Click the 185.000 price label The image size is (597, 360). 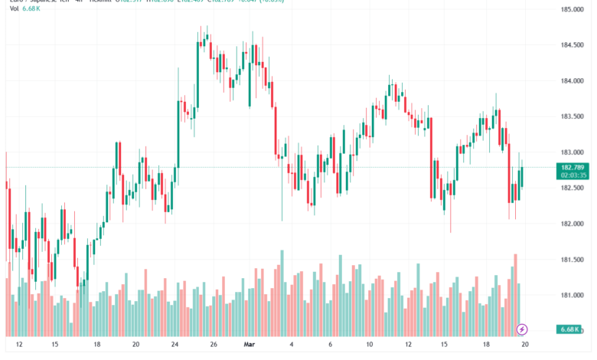pyautogui.click(x=573, y=9)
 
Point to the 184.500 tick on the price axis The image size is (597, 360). pyautogui.click(x=573, y=45)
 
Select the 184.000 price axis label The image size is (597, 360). pyautogui.click(x=573, y=81)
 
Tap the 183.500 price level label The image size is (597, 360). pyautogui.click(x=573, y=116)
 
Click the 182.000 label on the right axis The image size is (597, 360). pyautogui.click(x=573, y=224)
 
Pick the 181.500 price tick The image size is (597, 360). pyautogui.click(x=573, y=260)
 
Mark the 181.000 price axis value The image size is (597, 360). pyautogui.click(x=573, y=295)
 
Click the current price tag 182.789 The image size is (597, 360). pyautogui.click(x=573, y=167)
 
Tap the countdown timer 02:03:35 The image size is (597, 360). pyautogui.click(x=573, y=175)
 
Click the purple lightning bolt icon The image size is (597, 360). pyautogui.click(x=522, y=329)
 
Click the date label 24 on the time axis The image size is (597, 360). pyautogui.click(x=175, y=345)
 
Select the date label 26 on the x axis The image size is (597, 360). pyautogui.click(x=214, y=345)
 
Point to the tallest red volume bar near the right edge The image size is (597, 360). pyautogui.click(x=516, y=295)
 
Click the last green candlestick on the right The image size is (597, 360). pyautogui.click(x=522, y=177)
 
